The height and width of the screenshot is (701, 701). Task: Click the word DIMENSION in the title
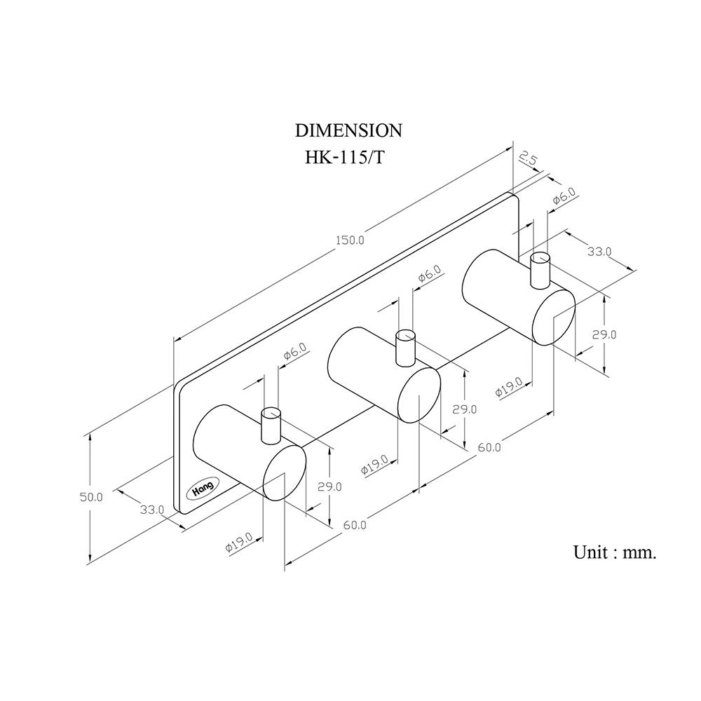348,130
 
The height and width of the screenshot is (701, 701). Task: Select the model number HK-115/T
344,157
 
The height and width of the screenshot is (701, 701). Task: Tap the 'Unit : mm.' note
615,552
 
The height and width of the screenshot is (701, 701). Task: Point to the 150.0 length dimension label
350,240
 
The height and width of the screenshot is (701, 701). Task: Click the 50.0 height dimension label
90,497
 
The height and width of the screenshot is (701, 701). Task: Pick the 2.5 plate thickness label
529,160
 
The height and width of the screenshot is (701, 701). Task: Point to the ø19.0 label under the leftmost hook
239,544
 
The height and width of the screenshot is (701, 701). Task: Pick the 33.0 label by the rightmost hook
599,251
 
